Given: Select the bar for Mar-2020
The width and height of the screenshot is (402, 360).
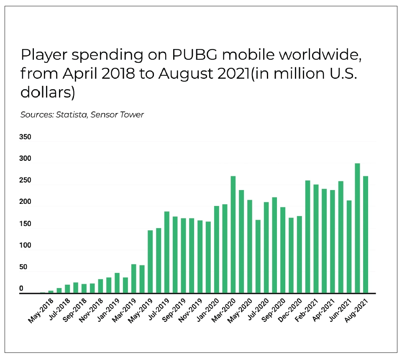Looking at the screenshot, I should point(233,234).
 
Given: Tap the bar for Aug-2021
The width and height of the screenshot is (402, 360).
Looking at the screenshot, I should point(366,234).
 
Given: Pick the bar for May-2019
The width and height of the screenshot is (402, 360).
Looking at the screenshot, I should point(150,262).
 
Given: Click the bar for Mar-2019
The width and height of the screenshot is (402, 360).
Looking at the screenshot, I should point(134,278).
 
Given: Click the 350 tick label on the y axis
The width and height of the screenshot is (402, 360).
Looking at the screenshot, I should point(26,137).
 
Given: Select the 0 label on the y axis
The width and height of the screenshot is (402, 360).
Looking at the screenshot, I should point(21,289).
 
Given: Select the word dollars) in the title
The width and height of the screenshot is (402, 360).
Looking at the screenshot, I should point(48,93).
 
